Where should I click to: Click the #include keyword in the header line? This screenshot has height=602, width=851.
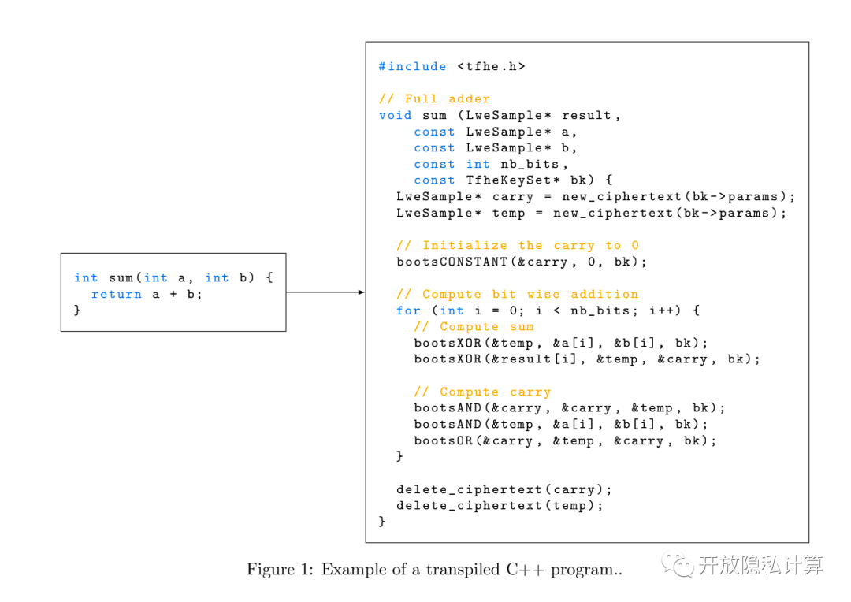pos(412,67)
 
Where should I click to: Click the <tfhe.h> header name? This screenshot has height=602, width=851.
pos(491,67)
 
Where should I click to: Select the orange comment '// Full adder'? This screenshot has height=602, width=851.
pos(434,99)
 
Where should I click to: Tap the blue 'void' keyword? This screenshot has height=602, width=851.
pos(395,115)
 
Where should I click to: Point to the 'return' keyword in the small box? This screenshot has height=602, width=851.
pos(117,294)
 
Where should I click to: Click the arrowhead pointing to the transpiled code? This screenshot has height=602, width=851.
pos(361,292)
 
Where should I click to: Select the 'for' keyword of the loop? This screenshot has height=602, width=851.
pos(408,310)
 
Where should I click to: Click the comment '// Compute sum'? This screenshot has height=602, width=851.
pos(474,326)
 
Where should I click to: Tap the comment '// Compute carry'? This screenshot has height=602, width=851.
pos(482,392)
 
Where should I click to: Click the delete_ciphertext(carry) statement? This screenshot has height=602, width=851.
pos(504,489)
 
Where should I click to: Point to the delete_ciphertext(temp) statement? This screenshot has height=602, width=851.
pos(500,505)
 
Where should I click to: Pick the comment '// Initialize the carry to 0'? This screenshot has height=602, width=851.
pos(518,245)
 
